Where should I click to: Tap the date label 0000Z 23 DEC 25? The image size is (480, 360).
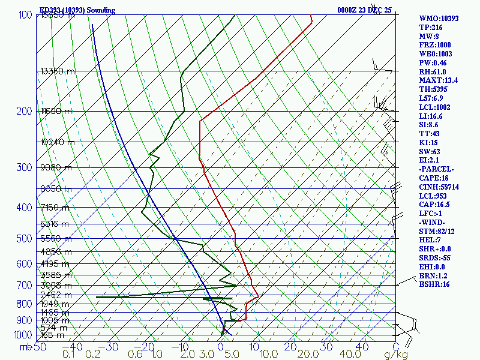364,10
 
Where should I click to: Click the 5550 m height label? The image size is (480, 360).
55,238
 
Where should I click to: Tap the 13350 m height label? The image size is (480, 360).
58,71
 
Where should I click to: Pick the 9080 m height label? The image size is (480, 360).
55,167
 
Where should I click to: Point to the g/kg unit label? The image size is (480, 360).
396,355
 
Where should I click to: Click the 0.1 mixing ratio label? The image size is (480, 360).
69,355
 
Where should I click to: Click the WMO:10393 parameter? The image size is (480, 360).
439,19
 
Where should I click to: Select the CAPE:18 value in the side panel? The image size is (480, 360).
434,178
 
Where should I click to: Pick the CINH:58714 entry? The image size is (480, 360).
439,187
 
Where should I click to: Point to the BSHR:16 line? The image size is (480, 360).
434,284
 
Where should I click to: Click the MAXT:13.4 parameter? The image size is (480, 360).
439,80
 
